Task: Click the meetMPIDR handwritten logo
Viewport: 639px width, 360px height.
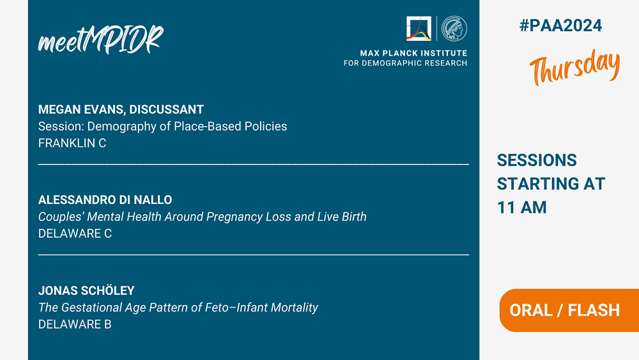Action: click(x=101, y=40)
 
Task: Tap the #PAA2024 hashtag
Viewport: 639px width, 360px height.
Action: click(x=560, y=26)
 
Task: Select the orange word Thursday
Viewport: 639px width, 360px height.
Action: click(x=574, y=67)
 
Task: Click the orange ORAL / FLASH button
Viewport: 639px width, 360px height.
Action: click(x=569, y=310)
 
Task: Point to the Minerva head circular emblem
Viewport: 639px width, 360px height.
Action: click(x=454, y=29)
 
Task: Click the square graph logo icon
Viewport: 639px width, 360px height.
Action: click(x=419, y=29)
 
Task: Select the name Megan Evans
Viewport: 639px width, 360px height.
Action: click(x=81, y=109)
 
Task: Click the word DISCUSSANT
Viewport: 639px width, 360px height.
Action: click(x=166, y=109)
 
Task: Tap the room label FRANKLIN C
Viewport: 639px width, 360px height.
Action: click(x=72, y=143)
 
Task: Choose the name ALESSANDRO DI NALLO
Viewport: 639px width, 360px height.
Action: click(x=105, y=200)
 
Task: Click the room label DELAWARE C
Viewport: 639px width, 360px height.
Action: click(x=75, y=233)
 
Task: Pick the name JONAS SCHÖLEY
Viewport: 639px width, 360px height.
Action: click(x=86, y=290)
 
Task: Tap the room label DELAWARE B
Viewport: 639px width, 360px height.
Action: click(x=75, y=324)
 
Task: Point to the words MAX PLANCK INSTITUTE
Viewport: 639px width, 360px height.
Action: click(x=413, y=53)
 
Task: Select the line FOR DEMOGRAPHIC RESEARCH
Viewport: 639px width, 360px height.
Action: click(x=406, y=63)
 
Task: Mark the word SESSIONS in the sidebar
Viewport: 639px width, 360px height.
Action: click(x=537, y=160)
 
